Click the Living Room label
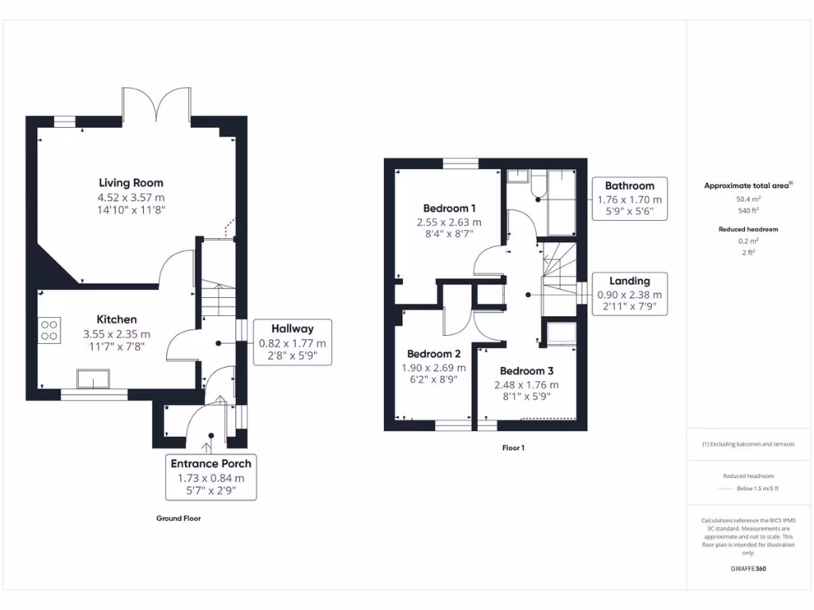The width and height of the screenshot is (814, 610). coord(131,183)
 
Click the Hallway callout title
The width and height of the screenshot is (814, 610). coord(292,328)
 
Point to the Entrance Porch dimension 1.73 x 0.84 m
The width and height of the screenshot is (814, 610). coord(211,478)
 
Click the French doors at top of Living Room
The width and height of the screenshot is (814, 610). coord(157,103)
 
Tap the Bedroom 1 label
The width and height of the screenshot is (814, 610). coord(450,209)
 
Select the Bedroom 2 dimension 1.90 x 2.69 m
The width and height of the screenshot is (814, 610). coord(434,368)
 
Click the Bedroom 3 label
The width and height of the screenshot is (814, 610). coord(526,371)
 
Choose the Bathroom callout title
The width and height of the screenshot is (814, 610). coord(630,185)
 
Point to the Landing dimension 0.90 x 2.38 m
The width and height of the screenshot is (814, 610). coord(630,295)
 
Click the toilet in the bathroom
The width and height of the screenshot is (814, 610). coord(537,187)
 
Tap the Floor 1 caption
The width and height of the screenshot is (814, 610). coord(513,448)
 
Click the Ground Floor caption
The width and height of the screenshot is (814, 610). coord(178,518)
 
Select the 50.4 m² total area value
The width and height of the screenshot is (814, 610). coord(747,200)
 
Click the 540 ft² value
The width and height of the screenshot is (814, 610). coord(747,211)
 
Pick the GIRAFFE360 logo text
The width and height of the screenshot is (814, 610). coord(747,569)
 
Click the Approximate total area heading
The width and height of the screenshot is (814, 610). coord(747,185)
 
